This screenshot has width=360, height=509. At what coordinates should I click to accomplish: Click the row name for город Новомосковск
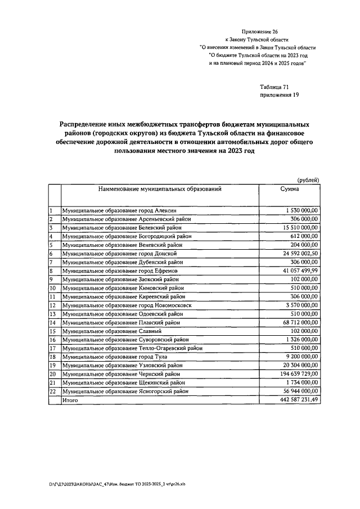127,305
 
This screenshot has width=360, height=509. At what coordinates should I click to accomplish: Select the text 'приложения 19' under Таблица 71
279,95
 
